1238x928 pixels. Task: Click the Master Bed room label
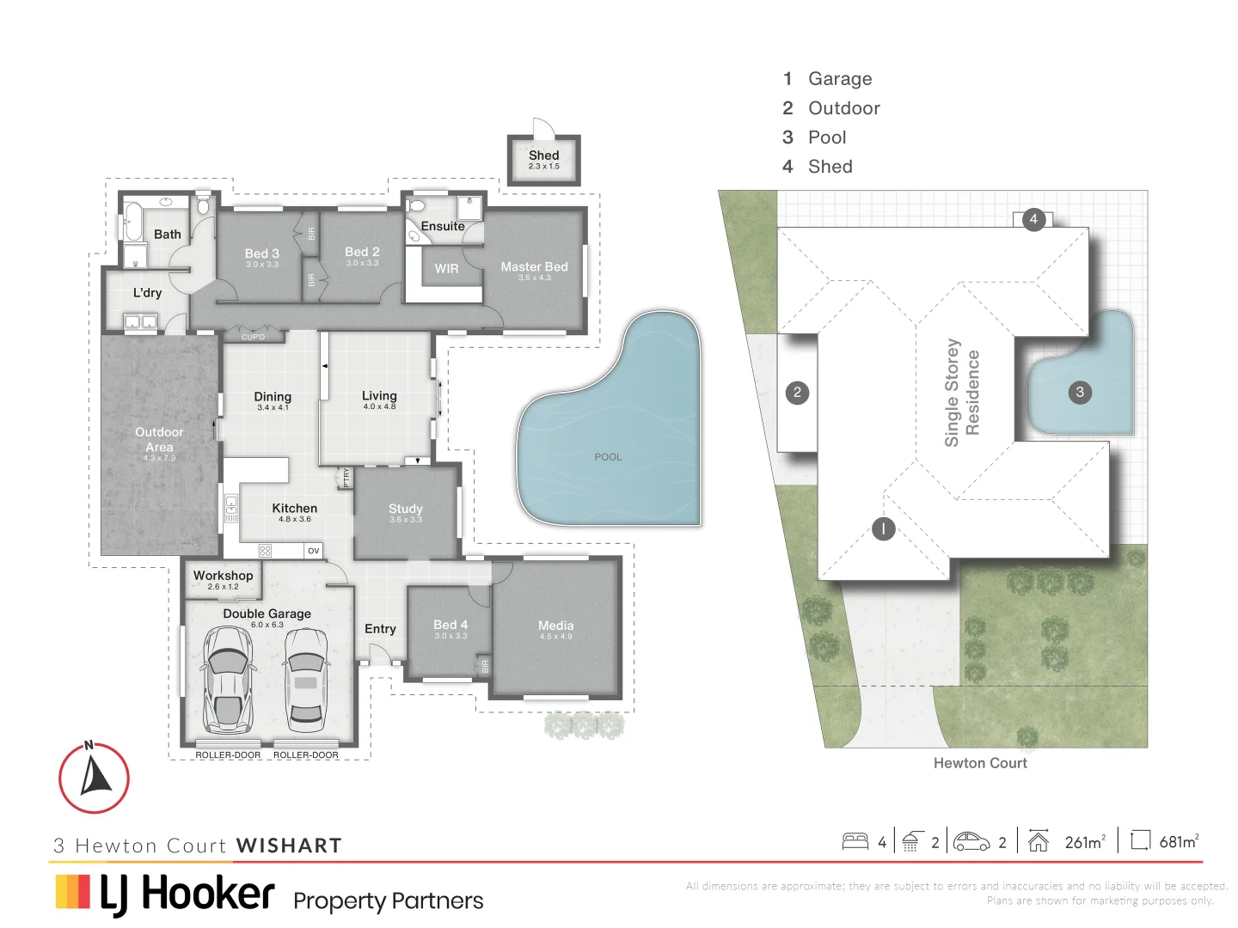pos(534,267)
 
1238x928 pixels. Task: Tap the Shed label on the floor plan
pos(543,156)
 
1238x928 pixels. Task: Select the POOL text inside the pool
pos(608,457)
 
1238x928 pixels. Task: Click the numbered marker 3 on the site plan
pos(1080,393)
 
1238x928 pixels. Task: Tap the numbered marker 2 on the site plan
pos(797,393)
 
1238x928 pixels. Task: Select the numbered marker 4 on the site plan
pos(1033,219)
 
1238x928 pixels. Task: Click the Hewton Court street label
pos(980,763)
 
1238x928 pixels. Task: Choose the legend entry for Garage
pos(839,79)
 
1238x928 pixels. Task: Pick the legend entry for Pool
pos(826,137)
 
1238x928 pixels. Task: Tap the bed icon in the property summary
pos(855,841)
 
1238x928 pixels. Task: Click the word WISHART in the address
pos(289,846)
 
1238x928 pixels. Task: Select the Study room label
pos(406,509)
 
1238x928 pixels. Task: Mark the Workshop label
pos(223,576)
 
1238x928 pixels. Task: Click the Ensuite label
pos(443,226)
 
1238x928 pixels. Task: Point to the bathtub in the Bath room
pos(133,222)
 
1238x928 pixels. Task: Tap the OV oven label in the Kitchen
pos(313,551)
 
